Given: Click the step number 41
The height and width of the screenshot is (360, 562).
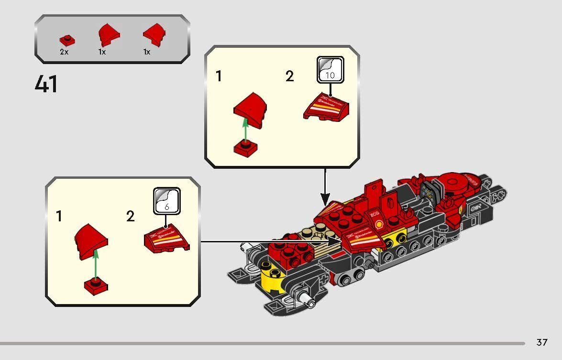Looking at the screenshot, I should (x=46, y=84).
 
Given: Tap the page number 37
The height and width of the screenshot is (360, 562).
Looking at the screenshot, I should (x=541, y=342).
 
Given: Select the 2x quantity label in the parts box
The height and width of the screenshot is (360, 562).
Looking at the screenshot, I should (x=64, y=52).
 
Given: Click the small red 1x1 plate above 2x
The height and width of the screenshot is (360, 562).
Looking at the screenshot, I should (x=65, y=40).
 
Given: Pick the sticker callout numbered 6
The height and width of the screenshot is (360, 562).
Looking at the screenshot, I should (x=166, y=201).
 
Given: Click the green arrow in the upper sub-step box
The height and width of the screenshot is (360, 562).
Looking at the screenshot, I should (x=245, y=129).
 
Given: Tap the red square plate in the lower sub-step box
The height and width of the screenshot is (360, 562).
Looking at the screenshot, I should (x=96, y=286).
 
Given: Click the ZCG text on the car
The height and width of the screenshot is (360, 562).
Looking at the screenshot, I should (x=375, y=215).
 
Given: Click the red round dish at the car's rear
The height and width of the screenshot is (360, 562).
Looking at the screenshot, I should (x=459, y=182).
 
